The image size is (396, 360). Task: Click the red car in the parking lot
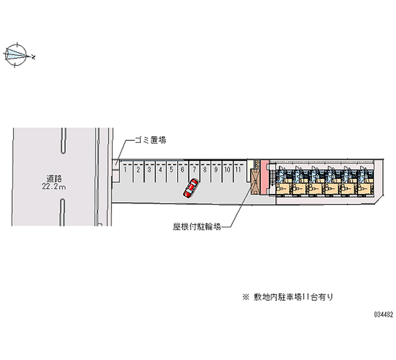[x=191, y=188]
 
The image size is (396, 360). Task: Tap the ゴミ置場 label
[x=150, y=140]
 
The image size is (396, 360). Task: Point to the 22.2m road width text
[x=54, y=187]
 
